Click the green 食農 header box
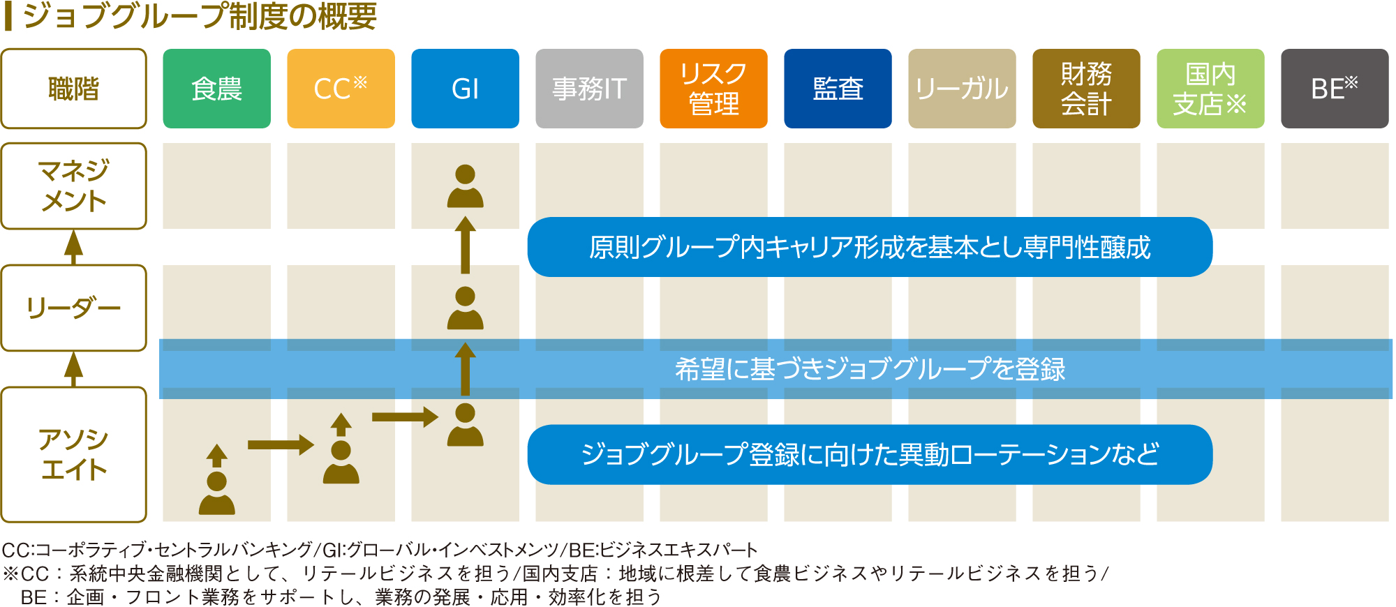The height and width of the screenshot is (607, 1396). tap(216, 89)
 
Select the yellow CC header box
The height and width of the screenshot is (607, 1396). tap(341, 89)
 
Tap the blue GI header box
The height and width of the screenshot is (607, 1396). tap(465, 89)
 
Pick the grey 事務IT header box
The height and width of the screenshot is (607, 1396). tap(589, 89)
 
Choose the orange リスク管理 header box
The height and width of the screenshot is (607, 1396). tap(713, 89)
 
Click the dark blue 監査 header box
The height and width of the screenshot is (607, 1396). tap(838, 89)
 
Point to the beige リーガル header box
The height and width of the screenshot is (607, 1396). tap(962, 89)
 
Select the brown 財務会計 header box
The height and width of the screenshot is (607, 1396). tap(1086, 89)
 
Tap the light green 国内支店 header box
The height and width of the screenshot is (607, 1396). tap(1210, 89)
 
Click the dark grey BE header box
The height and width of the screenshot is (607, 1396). tap(1335, 89)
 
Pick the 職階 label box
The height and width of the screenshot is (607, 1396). tap(74, 89)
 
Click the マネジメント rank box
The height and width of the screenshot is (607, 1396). tap(74, 186)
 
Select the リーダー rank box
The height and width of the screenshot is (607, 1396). tap(74, 308)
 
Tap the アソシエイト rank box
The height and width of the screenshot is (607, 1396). tap(74, 454)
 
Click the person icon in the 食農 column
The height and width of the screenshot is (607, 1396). tap(217, 493)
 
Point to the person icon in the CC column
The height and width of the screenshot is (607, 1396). tap(341, 463)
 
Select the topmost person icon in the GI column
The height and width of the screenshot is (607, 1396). tap(466, 186)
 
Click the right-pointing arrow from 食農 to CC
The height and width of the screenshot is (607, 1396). tap(281, 444)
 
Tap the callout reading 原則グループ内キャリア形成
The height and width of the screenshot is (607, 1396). tap(870, 247)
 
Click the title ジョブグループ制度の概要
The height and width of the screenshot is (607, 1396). tap(200, 15)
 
